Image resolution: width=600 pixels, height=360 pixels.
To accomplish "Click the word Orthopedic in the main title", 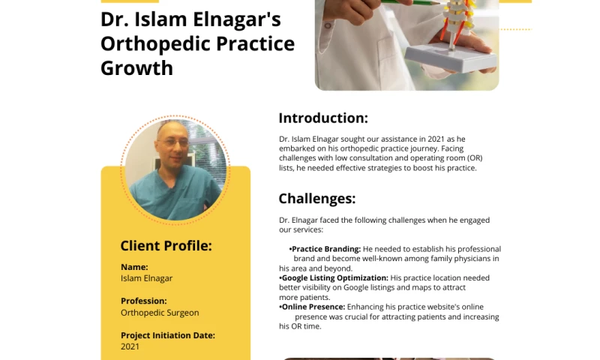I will [149, 43].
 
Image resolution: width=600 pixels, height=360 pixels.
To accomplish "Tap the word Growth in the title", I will [136, 68].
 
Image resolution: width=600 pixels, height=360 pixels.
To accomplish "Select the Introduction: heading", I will [323, 118].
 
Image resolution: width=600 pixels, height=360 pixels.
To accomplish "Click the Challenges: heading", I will [316, 199].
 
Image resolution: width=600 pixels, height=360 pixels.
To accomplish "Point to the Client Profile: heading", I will [166, 246].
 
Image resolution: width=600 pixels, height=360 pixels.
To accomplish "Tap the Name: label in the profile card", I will [134, 267].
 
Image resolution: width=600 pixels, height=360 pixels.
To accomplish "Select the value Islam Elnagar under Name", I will [146, 278].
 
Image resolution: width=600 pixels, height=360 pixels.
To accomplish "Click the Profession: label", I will [143, 301].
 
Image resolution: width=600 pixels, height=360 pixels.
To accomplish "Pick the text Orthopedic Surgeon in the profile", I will [160, 313].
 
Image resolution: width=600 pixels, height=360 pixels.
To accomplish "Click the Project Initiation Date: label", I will [167, 335].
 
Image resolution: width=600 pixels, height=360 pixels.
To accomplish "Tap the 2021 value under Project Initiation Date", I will [130, 346].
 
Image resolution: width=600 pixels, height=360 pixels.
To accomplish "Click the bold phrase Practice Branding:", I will [326, 249].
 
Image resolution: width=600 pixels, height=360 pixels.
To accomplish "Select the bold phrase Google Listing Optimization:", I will [334, 278].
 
